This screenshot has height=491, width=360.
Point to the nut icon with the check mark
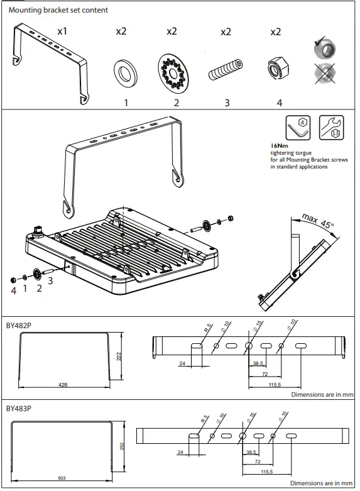pyautogui.click(x=326, y=49)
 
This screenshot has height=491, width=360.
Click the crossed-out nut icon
pyautogui.click(x=326, y=74)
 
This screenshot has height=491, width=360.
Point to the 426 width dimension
pyautogui.click(x=63, y=384)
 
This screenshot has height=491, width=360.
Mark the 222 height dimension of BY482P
pyautogui.click(x=118, y=356)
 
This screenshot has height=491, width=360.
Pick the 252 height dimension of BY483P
pyautogui.click(x=123, y=446)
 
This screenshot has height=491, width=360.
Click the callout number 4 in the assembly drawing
pyautogui.click(x=12, y=290)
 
